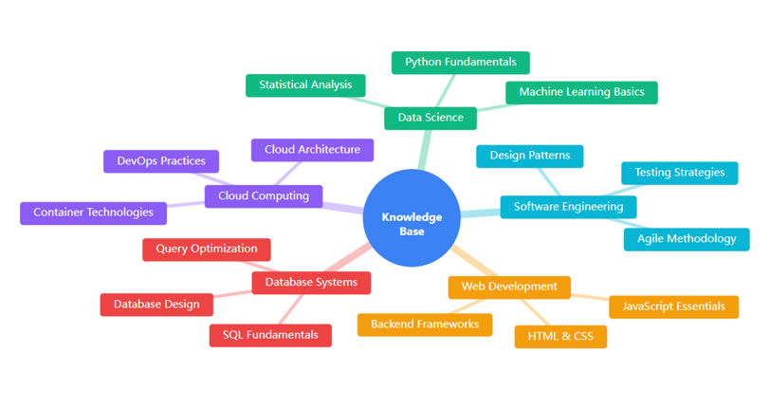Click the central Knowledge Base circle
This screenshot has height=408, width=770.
[x=412, y=218]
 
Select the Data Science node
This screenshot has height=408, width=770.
[x=431, y=118]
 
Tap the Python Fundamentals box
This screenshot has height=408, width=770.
[x=461, y=63]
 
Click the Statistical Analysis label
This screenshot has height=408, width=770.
[x=305, y=85]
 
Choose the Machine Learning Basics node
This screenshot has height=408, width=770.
[x=581, y=92]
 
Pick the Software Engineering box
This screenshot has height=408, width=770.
[x=568, y=207]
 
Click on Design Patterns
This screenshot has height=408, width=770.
[x=529, y=156]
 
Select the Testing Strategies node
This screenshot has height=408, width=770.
[x=679, y=173]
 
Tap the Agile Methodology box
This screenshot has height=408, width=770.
[x=686, y=239]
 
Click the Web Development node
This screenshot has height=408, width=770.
[x=509, y=287]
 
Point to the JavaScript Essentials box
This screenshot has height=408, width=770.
[x=673, y=306]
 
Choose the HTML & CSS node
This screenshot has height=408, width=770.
[x=560, y=337]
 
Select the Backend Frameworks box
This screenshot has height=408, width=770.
[x=425, y=325]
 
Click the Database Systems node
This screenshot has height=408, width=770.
[x=311, y=283]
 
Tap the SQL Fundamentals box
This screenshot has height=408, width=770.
[x=270, y=335]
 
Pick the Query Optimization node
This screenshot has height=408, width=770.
[x=207, y=250]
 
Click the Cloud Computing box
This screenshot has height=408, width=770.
[x=264, y=196]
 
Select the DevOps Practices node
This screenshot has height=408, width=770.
[x=161, y=161]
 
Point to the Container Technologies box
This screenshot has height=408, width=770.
[x=93, y=213]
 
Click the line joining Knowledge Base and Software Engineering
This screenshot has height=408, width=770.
[x=480, y=213]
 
